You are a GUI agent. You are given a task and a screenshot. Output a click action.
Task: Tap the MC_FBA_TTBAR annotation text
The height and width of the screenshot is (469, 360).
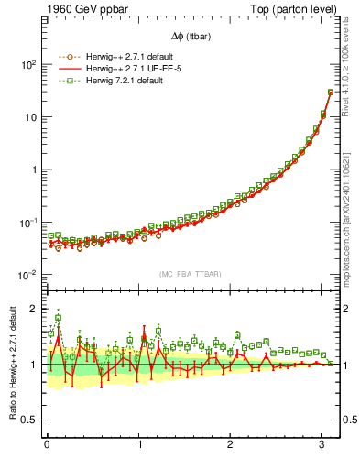(190, 274)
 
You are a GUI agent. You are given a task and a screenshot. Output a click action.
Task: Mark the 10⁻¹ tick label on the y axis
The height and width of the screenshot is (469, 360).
(27, 223)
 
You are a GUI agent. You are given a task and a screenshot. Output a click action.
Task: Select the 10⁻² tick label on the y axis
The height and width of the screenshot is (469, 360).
(27, 275)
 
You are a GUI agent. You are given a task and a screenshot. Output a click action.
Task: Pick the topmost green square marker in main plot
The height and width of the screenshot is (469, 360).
(330, 92)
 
